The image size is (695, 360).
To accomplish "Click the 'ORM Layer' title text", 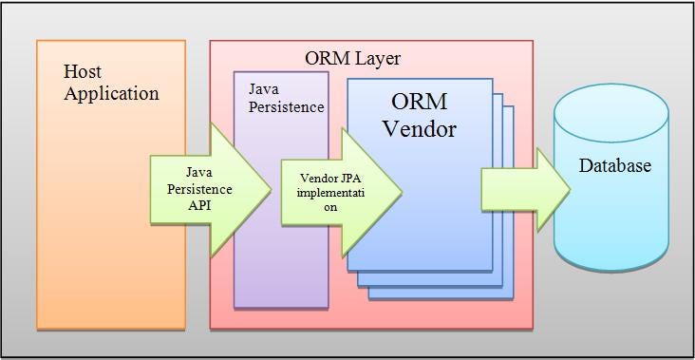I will (352, 58).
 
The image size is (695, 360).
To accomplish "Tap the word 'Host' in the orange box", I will (83, 71).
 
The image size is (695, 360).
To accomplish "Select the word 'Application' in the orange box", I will (111, 93).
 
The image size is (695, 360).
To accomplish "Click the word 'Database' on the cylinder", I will (615, 166).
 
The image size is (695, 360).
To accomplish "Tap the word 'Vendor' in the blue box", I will (420, 128).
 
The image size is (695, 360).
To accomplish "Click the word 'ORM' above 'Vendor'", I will (421, 102).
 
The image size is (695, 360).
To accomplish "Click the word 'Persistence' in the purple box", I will (286, 106).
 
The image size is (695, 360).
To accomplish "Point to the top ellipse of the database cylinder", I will (611, 103).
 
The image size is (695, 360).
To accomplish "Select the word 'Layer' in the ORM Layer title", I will (378, 58).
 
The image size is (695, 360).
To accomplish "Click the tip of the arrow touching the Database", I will (569, 188).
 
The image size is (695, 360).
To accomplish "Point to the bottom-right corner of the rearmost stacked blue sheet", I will (512, 297).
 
